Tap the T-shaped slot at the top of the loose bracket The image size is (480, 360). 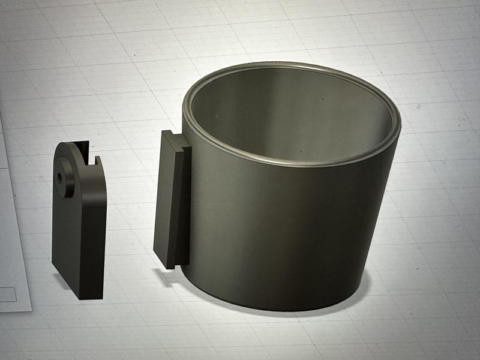[85, 153]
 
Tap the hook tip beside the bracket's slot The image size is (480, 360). [95, 161]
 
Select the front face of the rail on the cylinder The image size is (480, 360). [163, 198]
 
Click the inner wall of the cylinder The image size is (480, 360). [288, 120]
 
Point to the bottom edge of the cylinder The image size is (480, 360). [282, 308]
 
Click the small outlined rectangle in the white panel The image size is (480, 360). [7, 294]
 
